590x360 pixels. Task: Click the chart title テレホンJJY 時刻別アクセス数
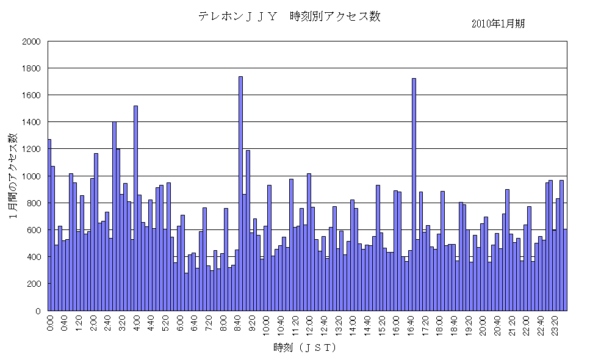pyautogui.click(x=289, y=16)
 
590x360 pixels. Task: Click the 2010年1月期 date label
pyautogui.click(x=498, y=24)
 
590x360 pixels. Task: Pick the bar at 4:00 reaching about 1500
pyautogui.click(x=135, y=207)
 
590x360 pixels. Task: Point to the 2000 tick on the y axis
pyautogui.click(x=31, y=41)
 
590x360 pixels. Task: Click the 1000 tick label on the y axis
pyautogui.click(x=31, y=176)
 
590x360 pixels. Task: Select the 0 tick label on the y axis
pyautogui.click(x=37, y=311)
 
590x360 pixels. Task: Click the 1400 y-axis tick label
pyautogui.click(x=31, y=122)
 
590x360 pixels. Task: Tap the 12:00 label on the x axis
pyautogui.click(x=309, y=322)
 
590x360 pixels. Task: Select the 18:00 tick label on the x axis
pyautogui.click(x=439, y=322)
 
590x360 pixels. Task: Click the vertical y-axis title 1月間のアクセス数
pyautogui.click(x=13, y=176)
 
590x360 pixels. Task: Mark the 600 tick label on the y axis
pyautogui.click(x=33, y=230)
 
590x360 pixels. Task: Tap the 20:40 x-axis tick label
pyautogui.click(x=497, y=322)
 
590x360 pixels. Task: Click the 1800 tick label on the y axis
pyautogui.click(x=31, y=68)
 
